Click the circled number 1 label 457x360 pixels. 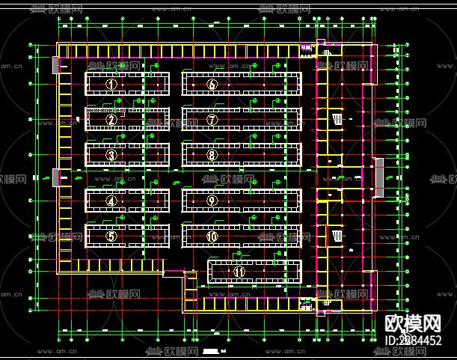tap(111, 84)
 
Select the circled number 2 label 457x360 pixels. tap(111, 119)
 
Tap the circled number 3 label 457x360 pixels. tap(111, 155)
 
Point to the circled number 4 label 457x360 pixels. tap(111, 201)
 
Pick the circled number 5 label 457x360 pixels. tap(111, 236)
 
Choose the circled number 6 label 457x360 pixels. tap(212, 84)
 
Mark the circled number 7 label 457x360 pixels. tap(212, 119)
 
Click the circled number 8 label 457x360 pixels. tap(212, 155)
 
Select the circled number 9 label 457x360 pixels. tap(212, 201)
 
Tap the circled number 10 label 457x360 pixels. tap(212, 236)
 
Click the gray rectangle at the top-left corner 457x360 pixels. tap(56, 65)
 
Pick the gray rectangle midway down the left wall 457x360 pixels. tap(55, 177)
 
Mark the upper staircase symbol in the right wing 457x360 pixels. tap(337, 119)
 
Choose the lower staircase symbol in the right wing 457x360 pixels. tap(337, 236)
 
